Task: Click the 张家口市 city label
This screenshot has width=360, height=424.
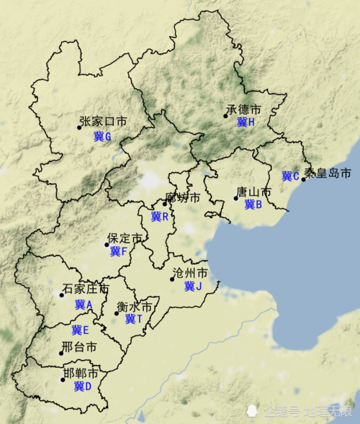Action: point(103,122)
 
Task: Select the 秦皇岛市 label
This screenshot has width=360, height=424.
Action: point(328,173)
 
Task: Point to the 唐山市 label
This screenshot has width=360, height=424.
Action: point(253,193)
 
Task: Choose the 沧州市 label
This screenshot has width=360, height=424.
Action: point(191,274)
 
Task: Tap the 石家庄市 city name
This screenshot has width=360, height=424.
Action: point(86,289)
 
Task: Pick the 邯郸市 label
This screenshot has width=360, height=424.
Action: point(81,374)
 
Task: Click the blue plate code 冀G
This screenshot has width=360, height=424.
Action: point(103,136)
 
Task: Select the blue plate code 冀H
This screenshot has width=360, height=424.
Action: point(246,123)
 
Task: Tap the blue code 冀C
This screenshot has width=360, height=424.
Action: point(290,176)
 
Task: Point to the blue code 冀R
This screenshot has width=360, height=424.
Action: point(160,217)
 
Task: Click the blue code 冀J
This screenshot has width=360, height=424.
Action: point(193,287)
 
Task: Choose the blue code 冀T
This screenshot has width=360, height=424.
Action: point(134,319)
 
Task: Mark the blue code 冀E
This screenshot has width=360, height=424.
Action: point(80,330)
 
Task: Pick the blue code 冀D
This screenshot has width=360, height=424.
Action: point(83,387)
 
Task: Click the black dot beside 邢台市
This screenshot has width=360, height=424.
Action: point(61,353)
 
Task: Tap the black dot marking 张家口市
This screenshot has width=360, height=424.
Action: point(80,127)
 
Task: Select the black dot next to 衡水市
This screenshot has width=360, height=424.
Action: point(117,313)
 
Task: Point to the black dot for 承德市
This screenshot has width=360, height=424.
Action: point(225,116)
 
